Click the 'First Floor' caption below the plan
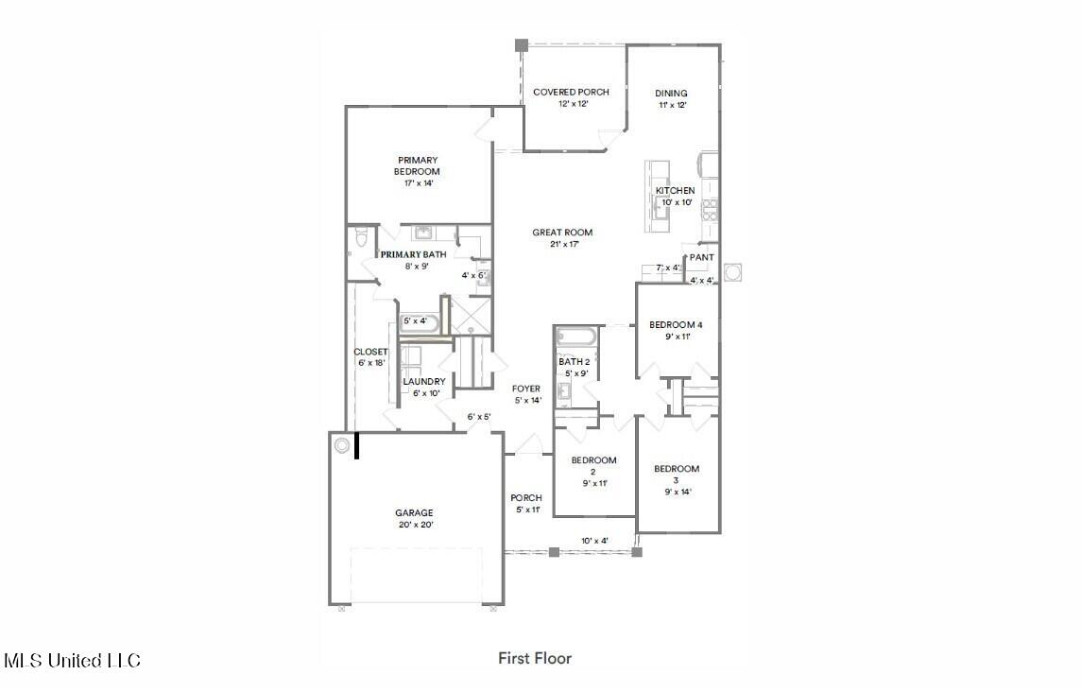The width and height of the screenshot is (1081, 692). point(535,658)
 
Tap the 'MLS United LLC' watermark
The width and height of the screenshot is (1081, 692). point(72,661)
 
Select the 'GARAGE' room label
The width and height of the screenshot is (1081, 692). point(414,513)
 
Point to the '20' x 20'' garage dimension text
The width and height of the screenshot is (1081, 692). point(414,525)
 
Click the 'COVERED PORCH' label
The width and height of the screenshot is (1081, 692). point(571,93)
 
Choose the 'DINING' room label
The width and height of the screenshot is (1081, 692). point(671,94)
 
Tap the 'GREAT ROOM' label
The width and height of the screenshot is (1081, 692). point(562,233)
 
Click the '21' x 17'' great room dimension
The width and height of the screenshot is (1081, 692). point(562,244)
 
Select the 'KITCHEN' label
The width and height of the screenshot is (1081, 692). point(676,191)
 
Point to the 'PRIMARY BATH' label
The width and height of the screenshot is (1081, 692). point(414,255)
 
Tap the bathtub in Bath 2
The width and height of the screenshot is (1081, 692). point(575,337)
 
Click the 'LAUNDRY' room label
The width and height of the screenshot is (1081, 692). point(423,382)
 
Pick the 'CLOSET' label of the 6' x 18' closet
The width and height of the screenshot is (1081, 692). point(370,352)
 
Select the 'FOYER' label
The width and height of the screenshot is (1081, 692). point(526,389)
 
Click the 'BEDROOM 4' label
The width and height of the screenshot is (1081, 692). point(676,325)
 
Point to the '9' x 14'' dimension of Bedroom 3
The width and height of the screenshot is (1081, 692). point(677,492)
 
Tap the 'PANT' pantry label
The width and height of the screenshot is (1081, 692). point(701,257)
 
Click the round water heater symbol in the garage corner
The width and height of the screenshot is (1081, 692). point(342,443)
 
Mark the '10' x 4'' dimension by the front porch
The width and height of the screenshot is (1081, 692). point(594,541)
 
